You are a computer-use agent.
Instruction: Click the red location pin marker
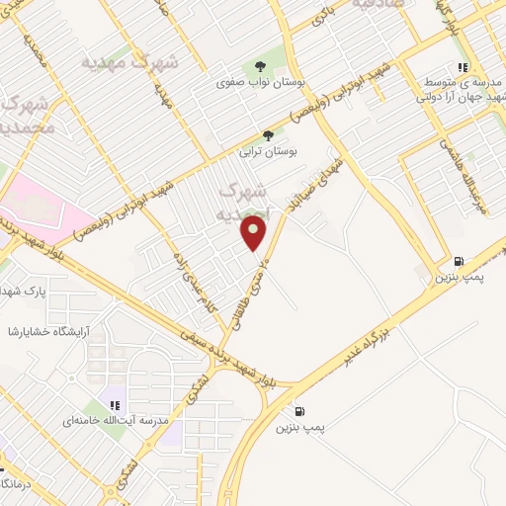point(255,233)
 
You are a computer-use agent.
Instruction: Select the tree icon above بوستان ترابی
point(267,136)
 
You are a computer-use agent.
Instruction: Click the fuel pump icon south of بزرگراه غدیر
point(298,411)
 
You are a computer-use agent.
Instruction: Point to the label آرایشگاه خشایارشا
point(47,331)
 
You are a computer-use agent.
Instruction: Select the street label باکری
point(324,15)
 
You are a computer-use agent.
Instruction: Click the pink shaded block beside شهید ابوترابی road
point(40,208)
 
